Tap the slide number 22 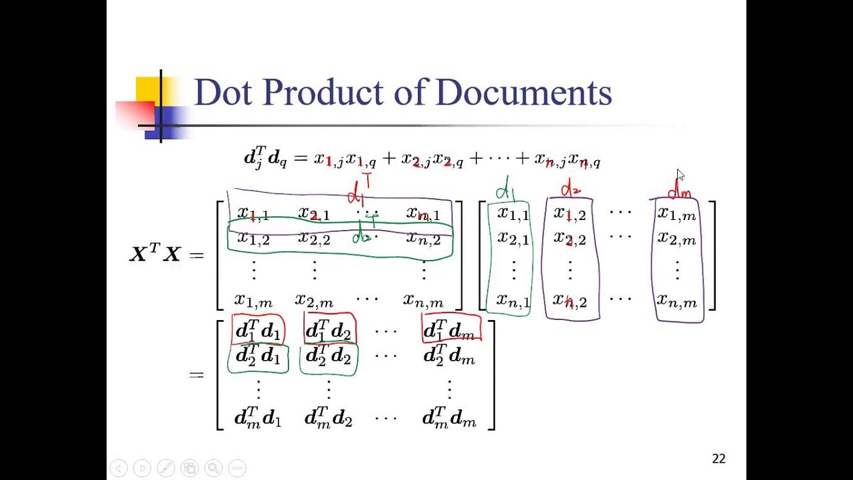click(x=718, y=459)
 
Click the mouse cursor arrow click(x=680, y=175)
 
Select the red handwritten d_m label click(x=679, y=191)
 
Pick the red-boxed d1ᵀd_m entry click(x=450, y=330)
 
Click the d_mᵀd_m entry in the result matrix click(x=449, y=419)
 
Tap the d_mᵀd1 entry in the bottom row click(x=258, y=419)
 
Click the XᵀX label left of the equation click(x=155, y=254)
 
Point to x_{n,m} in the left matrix click(x=423, y=301)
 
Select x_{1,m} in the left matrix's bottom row click(x=253, y=301)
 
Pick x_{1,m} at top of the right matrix click(x=676, y=214)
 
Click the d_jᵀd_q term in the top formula click(x=265, y=159)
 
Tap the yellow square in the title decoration click(x=147, y=90)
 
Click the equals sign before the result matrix click(x=197, y=375)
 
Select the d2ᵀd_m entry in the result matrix click(x=449, y=357)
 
